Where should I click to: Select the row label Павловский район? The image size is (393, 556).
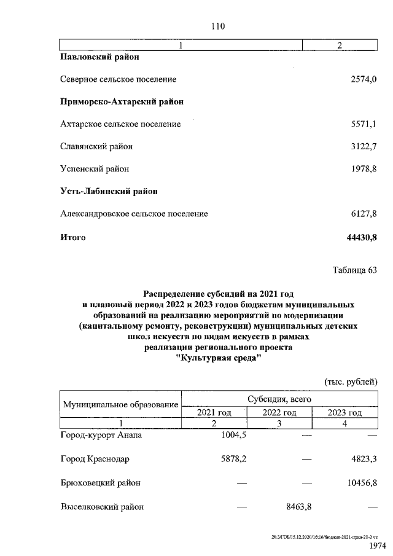click(100, 57)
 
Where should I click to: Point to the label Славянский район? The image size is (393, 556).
click(96, 146)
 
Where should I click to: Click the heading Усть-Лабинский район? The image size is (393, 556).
click(109, 191)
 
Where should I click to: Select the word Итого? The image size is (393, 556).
click(73, 237)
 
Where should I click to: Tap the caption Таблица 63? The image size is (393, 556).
click(354, 270)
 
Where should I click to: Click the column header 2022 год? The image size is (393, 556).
click(279, 412)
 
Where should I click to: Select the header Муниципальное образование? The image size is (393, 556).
click(120, 405)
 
